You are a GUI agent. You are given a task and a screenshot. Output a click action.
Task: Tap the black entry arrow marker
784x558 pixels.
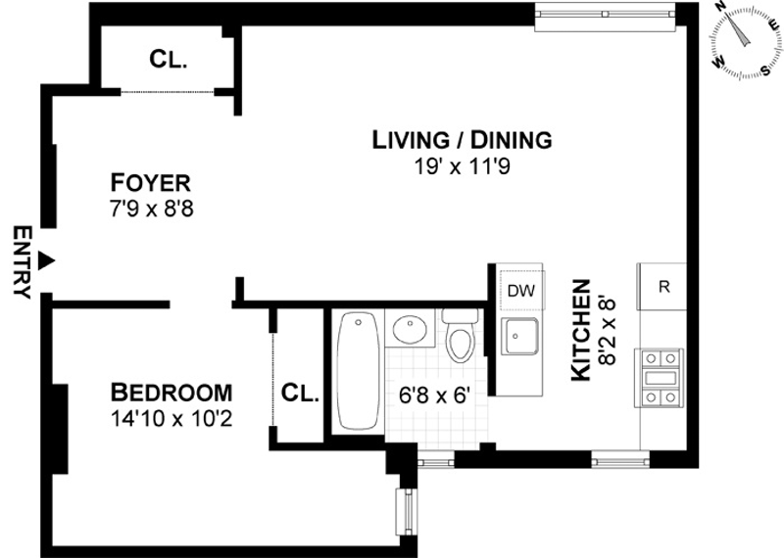[x=47, y=259]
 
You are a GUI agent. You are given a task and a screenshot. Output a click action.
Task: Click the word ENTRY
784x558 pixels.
[x=22, y=262]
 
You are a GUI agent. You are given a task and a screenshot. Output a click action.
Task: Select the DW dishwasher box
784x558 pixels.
[x=522, y=290]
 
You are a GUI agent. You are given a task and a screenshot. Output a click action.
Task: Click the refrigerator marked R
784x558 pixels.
[x=661, y=287]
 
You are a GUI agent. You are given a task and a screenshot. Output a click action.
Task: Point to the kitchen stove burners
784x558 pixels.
[x=659, y=378]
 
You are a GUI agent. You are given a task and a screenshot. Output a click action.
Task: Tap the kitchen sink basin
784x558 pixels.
[x=520, y=336]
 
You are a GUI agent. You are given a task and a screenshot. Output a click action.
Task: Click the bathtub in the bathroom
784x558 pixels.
[x=358, y=370]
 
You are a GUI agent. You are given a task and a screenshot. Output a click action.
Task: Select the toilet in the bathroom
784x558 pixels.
[x=460, y=335]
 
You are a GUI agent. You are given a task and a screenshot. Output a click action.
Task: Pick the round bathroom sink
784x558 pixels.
[x=409, y=329]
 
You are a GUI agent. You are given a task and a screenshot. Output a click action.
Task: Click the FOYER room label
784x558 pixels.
[x=150, y=183]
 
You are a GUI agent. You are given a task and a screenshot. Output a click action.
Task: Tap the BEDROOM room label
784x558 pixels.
[x=171, y=393]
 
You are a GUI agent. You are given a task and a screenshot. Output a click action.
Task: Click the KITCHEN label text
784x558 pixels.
[x=581, y=330]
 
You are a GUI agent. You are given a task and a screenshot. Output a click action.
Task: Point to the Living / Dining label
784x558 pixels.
[x=462, y=140]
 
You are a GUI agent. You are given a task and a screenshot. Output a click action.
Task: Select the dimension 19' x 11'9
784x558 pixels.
[x=462, y=166]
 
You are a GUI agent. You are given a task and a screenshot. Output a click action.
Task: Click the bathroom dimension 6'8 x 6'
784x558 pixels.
[x=434, y=396]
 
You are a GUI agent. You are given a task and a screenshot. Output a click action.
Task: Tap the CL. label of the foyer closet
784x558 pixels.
[x=168, y=60]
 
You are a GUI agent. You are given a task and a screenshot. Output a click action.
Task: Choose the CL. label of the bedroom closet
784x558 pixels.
[x=300, y=394]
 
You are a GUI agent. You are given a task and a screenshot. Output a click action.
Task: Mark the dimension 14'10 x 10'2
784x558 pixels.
[x=171, y=419]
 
